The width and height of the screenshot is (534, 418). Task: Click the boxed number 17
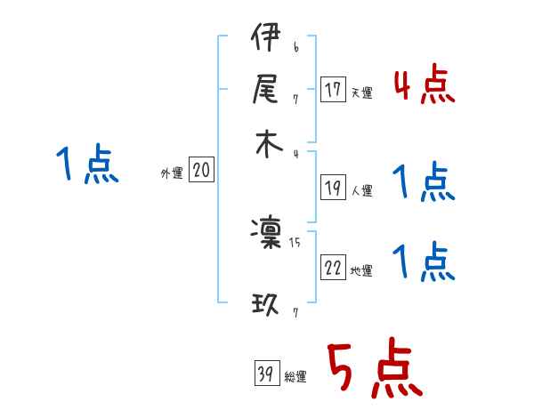tap(334, 90)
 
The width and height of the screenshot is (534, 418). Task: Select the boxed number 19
tap(334, 188)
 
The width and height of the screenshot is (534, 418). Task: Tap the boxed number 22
tap(334, 269)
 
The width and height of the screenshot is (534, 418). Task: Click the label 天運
tap(361, 92)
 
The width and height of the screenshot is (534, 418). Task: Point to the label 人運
tap(362, 190)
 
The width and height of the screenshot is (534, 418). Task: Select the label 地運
tap(362, 271)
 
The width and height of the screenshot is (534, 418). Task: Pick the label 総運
tap(295, 377)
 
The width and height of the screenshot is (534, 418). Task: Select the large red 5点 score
tap(373, 369)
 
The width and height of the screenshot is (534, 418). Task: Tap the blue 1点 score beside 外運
tap(87, 165)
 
